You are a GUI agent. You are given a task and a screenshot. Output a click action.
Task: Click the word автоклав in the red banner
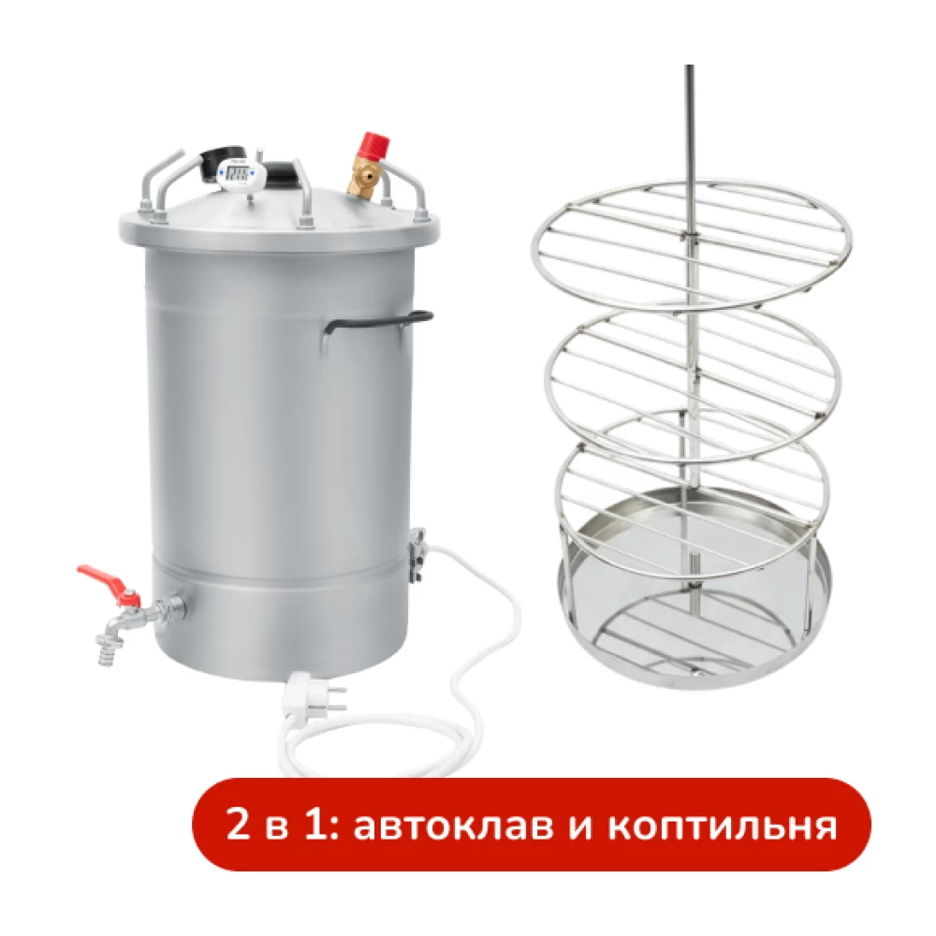pos(451,826)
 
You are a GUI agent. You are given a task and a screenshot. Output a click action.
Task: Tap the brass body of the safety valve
pos(366,181)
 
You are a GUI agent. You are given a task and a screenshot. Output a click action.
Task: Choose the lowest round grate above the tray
pos(693,490)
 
